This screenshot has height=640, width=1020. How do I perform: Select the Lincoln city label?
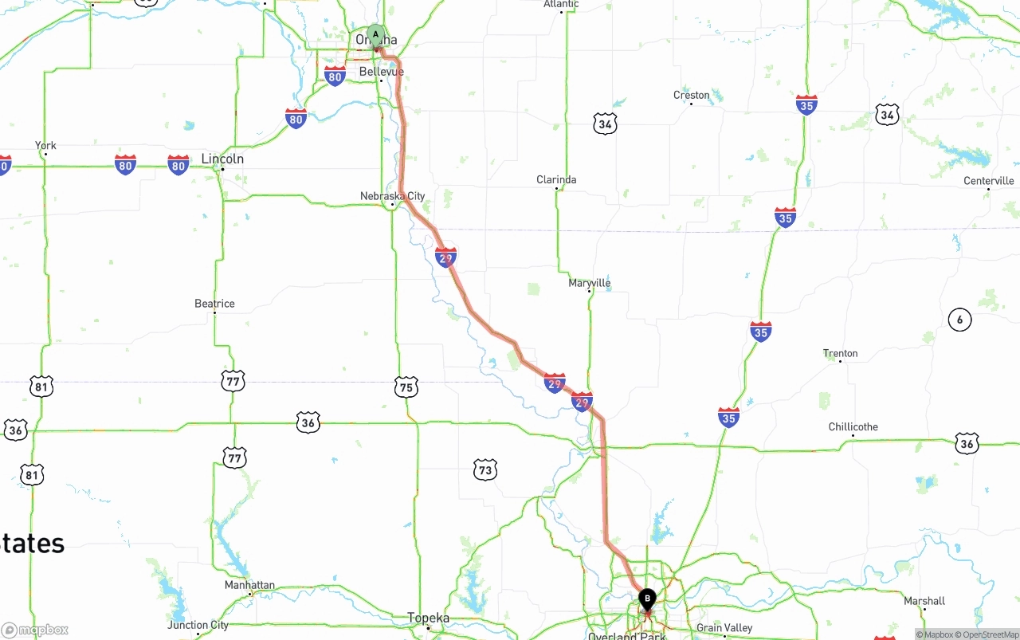tap(222, 159)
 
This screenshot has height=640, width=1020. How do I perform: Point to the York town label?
tap(45, 146)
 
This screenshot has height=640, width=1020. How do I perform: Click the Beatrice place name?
tap(214, 304)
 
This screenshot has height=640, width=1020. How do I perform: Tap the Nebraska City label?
tap(392, 196)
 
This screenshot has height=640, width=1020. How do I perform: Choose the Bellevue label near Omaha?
tap(381, 72)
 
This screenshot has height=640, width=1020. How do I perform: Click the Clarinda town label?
tap(556, 180)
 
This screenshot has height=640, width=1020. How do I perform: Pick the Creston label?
tap(691, 96)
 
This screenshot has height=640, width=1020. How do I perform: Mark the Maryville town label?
tap(590, 283)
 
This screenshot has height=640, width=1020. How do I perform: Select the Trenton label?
tap(840, 353)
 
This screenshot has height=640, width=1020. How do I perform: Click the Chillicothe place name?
tap(853, 427)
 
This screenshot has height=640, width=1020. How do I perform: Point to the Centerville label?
tap(988, 181)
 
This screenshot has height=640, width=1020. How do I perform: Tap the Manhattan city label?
tap(249, 585)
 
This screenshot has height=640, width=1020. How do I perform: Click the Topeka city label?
tap(428, 618)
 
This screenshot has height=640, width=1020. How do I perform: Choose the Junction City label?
tap(198, 626)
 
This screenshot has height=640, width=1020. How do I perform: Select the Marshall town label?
tap(924, 601)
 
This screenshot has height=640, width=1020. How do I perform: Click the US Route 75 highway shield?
tap(406, 387)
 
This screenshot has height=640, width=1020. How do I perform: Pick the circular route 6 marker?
tap(959, 320)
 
